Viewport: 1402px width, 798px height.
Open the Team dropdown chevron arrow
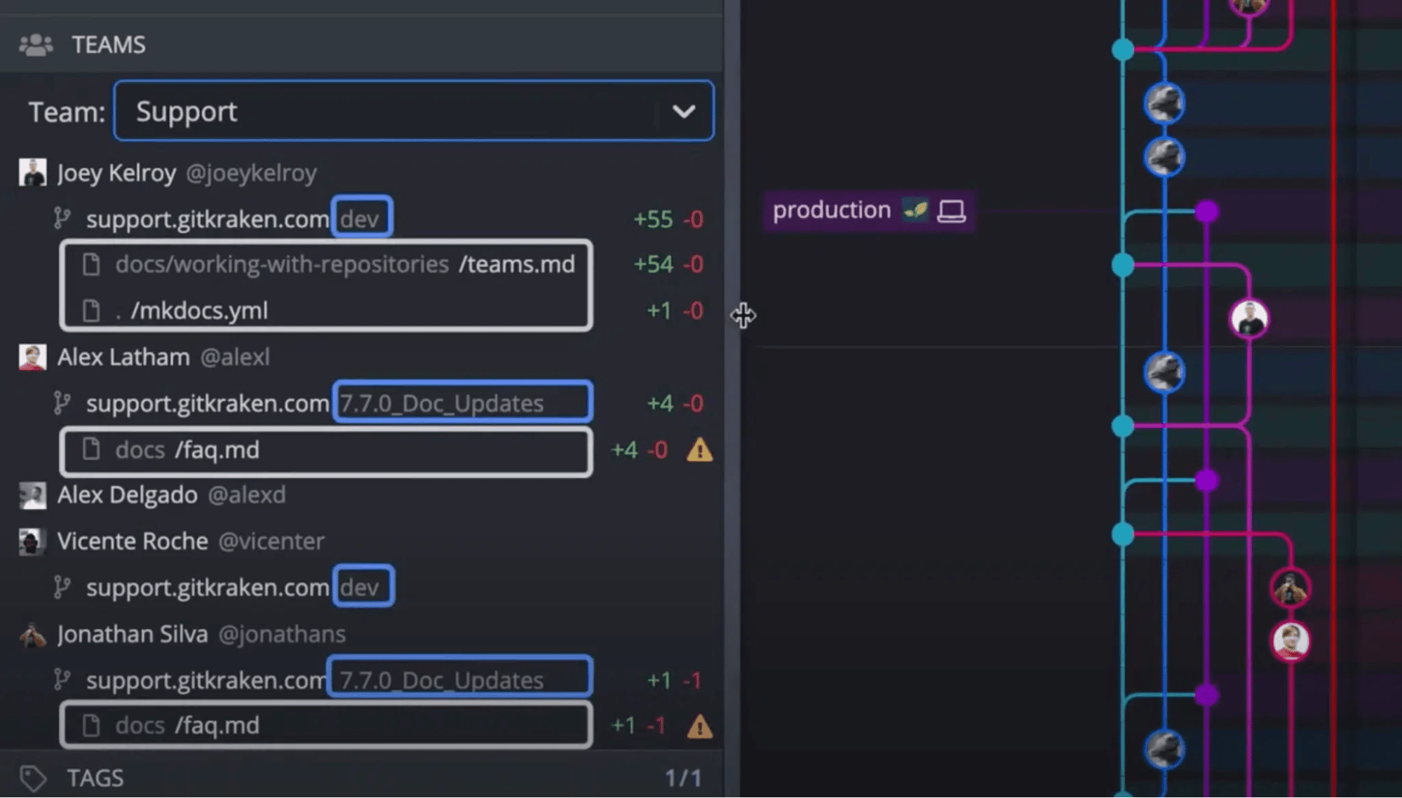pyautogui.click(x=684, y=111)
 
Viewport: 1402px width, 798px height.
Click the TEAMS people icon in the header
pyautogui.click(x=36, y=45)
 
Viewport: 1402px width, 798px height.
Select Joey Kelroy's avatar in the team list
pyautogui.click(x=32, y=173)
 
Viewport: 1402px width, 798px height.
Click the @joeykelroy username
pyautogui.click(x=251, y=173)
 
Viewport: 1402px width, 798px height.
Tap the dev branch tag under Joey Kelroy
pyautogui.click(x=362, y=218)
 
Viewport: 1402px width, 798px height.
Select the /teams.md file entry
pyautogui.click(x=517, y=264)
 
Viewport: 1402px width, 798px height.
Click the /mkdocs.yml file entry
pyautogui.click(x=199, y=311)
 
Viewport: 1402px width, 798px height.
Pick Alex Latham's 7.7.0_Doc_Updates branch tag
pyautogui.click(x=463, y=403)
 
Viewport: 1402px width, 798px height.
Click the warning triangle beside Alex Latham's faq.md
pyautogui.click(x=699, y=449)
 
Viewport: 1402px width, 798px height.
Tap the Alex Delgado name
pyautogui.click(x=127, y=495)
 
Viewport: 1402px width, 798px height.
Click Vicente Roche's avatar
pyautogui.click(x=32, y=541)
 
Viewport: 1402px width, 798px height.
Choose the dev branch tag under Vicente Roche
pyautogui.click(x=363, y=586)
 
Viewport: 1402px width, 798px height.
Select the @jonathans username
pyautogui.click(x=282, y=635)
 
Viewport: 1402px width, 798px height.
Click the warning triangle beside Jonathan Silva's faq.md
pyautogui.click(x=699, y=726)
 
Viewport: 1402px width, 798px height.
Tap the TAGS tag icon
pyautogui.click(x=33, y=778)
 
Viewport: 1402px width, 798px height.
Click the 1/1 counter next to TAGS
pyautogui.click(x=683, y=778)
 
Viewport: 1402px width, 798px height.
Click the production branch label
pyautogui.click(x=831, y=210)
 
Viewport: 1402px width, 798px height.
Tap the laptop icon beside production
pyautogui.click(x=951, y=211)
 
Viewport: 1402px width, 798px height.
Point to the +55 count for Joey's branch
pyautogui.click(x=653, y=219)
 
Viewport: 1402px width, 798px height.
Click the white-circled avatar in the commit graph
pyautogui.click(x=1249, y=318)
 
